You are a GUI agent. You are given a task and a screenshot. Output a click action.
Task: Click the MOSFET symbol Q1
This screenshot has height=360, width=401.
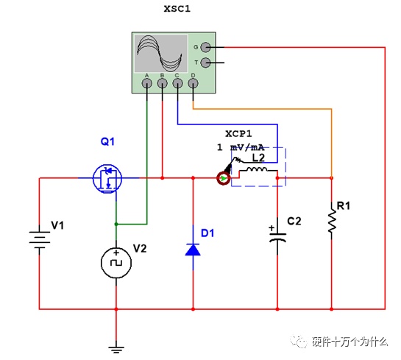(x=107, y=178)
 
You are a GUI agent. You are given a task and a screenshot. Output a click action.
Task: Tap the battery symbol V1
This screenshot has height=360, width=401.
(x=40, y=237)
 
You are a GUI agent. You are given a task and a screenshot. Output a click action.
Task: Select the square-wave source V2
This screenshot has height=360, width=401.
(x=116, y=263)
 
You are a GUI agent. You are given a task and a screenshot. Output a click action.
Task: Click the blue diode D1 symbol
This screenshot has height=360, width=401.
(x=193, y=250)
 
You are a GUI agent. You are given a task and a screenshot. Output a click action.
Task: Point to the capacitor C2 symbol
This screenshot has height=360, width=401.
(x=277, y=237)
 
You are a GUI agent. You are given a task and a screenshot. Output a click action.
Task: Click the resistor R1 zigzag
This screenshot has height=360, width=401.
(x=332, y=221)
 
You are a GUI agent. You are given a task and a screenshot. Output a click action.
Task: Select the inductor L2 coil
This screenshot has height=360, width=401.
(x=257, y=169)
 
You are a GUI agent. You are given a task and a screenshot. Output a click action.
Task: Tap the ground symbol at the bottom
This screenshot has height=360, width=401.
(x=116, y=350)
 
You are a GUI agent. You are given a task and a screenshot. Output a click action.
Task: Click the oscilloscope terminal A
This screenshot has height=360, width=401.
(x=147, y=83)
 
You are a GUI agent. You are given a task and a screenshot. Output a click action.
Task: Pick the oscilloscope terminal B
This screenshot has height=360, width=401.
(x=162, y=83)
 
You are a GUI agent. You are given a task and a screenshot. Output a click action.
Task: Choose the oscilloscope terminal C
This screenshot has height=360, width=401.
(x=177, y=83)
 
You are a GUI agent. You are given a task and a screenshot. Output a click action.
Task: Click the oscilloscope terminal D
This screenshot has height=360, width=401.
(x=193, y=83)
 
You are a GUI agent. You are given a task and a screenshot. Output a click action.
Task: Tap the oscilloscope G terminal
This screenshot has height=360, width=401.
(x=205, y=47)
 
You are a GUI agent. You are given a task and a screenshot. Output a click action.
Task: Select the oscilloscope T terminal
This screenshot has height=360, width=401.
(x=205, y=63)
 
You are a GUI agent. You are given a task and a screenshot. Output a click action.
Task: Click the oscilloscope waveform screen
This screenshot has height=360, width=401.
(x=161, y=54)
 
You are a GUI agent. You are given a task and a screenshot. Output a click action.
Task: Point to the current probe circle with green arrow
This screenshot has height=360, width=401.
(x=224, y=178)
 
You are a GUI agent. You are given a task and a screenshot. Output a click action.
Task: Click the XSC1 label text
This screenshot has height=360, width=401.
(x=177, y=9)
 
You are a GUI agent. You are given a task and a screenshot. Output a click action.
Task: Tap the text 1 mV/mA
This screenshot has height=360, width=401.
(x=241, y=147)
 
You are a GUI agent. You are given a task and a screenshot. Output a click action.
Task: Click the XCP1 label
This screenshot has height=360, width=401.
(x=238, y=133)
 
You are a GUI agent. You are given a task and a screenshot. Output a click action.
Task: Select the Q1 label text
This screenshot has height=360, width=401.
(x=107, y=141)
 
